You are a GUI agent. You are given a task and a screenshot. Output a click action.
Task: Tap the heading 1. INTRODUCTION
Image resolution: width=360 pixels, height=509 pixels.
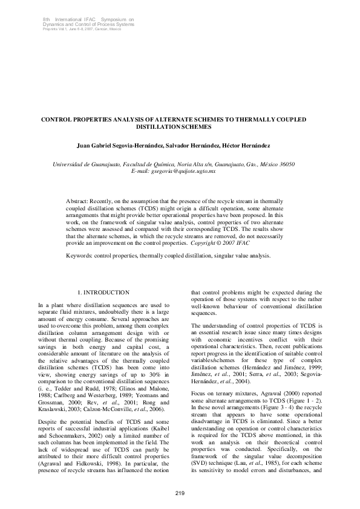point(106,292)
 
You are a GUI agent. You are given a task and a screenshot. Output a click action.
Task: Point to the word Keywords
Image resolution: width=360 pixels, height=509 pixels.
point(79,256)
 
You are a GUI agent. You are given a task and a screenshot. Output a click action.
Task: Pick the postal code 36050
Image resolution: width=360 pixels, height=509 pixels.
point(285,165)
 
